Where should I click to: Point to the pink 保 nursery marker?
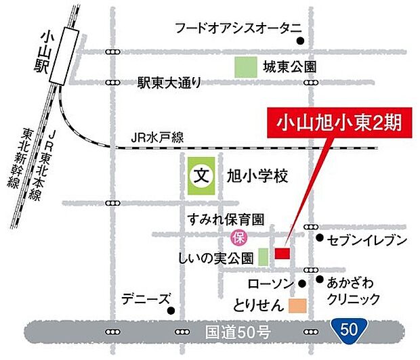pyautogui.click(x=238, y=238)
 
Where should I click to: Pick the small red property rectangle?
pyautogui.click(x=282, y=253)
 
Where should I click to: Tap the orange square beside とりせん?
pyautogui.click(x=297, y=307)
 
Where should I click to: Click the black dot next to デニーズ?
pyautogui.click(x=171, y=311)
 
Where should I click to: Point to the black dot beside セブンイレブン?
pyautogui.click(x=320, y=238)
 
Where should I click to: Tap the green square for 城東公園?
pyautogui.click(x=243, y=66)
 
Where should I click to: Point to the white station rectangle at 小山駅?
pyautogui.click(x=68, y=51)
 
